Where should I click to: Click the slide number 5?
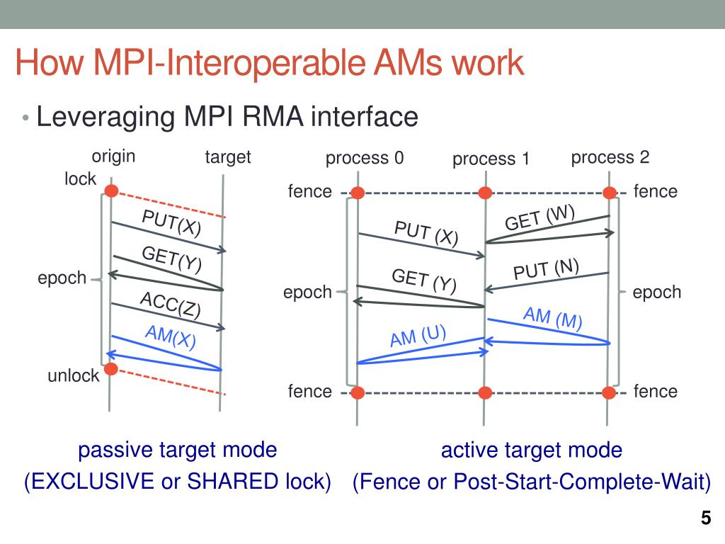coord(705,518)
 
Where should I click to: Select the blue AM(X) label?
coord(170,336)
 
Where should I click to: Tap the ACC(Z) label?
coord(170,304)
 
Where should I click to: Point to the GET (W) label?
coord(540,217)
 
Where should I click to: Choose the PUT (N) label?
coord(546,270)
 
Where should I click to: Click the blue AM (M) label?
coord(552,319)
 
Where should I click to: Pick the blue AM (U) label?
coord(418,335)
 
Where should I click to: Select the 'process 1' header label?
coord(491,159)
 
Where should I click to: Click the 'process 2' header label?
coord(610,157)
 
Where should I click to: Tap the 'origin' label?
coord(113,156)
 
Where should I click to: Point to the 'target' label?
coord(228,157)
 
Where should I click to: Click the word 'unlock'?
coord(74,376)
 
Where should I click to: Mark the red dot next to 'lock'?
coord(110,190)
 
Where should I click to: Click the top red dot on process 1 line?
coord(485,193)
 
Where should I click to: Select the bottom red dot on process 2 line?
coord(610,392)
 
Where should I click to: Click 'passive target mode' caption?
coord(177,450)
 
